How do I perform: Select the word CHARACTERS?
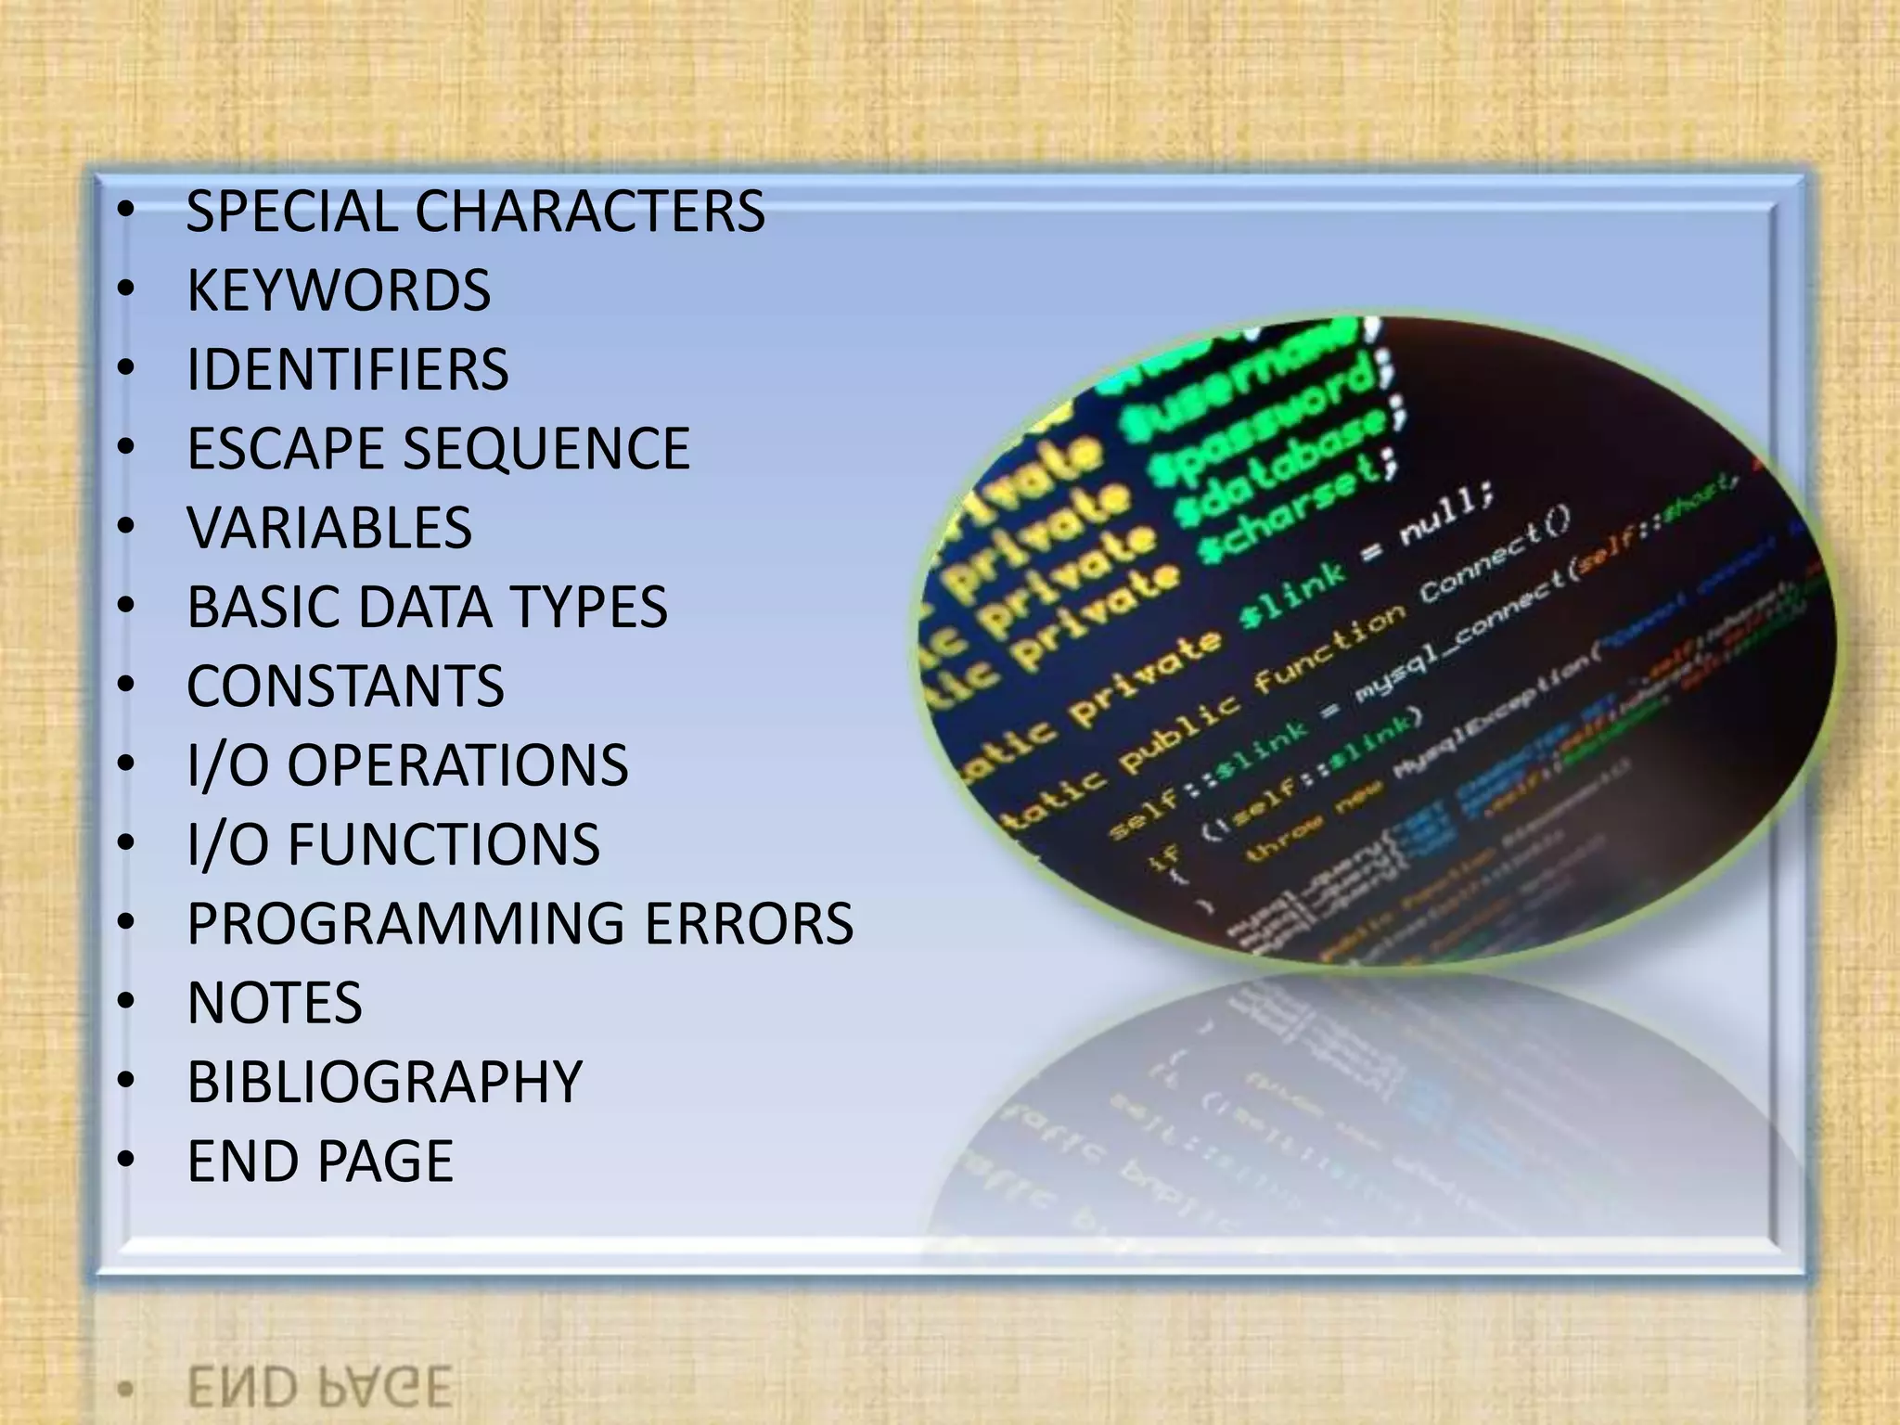[590, 212]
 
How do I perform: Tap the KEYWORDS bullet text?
[339, 290]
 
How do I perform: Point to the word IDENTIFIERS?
[348, 369]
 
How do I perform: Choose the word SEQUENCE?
[546, 449]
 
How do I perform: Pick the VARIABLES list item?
[329, 528]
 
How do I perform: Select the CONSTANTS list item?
[345, 687]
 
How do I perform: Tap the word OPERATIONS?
[457, 765]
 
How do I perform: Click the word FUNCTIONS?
[443, 844]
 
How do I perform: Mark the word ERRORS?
[749, 924]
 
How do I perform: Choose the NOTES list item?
[275, 1003]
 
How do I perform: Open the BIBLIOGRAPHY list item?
[384, 1082]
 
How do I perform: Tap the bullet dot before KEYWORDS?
[127, 290]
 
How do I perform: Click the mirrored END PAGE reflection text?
[319, 1388]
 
